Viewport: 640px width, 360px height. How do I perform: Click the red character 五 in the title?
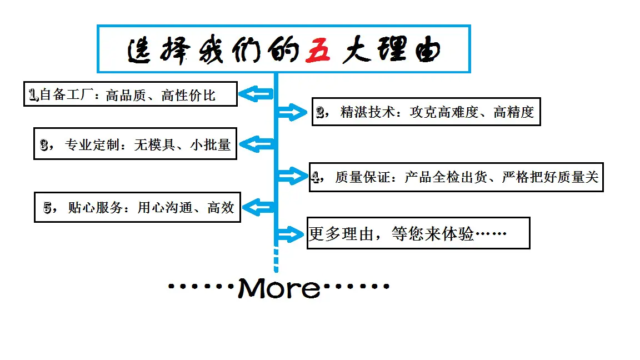click(318, 50)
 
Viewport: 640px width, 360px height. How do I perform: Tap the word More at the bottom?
click(279, 288)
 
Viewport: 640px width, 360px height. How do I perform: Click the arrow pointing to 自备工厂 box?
click(256, 94)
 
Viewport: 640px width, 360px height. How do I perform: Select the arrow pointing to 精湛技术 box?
click(292, 112)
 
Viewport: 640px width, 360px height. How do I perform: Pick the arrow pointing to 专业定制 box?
click(256, 144)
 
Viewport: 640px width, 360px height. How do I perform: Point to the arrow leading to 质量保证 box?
click(293, 176)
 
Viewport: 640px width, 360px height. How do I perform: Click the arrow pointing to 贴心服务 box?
click(258, 207)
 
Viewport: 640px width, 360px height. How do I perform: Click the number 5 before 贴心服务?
click(47, 208)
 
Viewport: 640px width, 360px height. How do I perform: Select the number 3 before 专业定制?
click(44, 145)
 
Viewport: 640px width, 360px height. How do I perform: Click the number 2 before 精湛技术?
click(321, 112)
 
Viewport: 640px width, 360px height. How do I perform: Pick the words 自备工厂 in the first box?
click(66, 94)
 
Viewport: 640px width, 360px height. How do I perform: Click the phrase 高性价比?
click(188, 95)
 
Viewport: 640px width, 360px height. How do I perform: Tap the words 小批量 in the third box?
click(211, 145)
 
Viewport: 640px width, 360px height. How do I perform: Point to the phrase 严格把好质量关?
click(550, 177)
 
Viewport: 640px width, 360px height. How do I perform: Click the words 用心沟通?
click(165, 208)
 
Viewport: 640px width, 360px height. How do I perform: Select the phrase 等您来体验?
click(433, 234)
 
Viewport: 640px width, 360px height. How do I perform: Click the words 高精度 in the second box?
click(513, 112)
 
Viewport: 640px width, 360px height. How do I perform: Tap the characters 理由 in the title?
click(409, 50)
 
